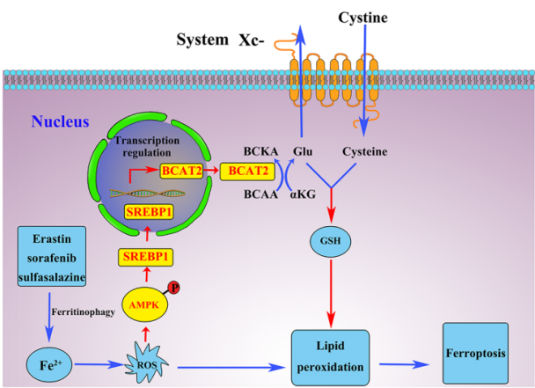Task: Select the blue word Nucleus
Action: point(60,121)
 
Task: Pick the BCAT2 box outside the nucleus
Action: point(247,170)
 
